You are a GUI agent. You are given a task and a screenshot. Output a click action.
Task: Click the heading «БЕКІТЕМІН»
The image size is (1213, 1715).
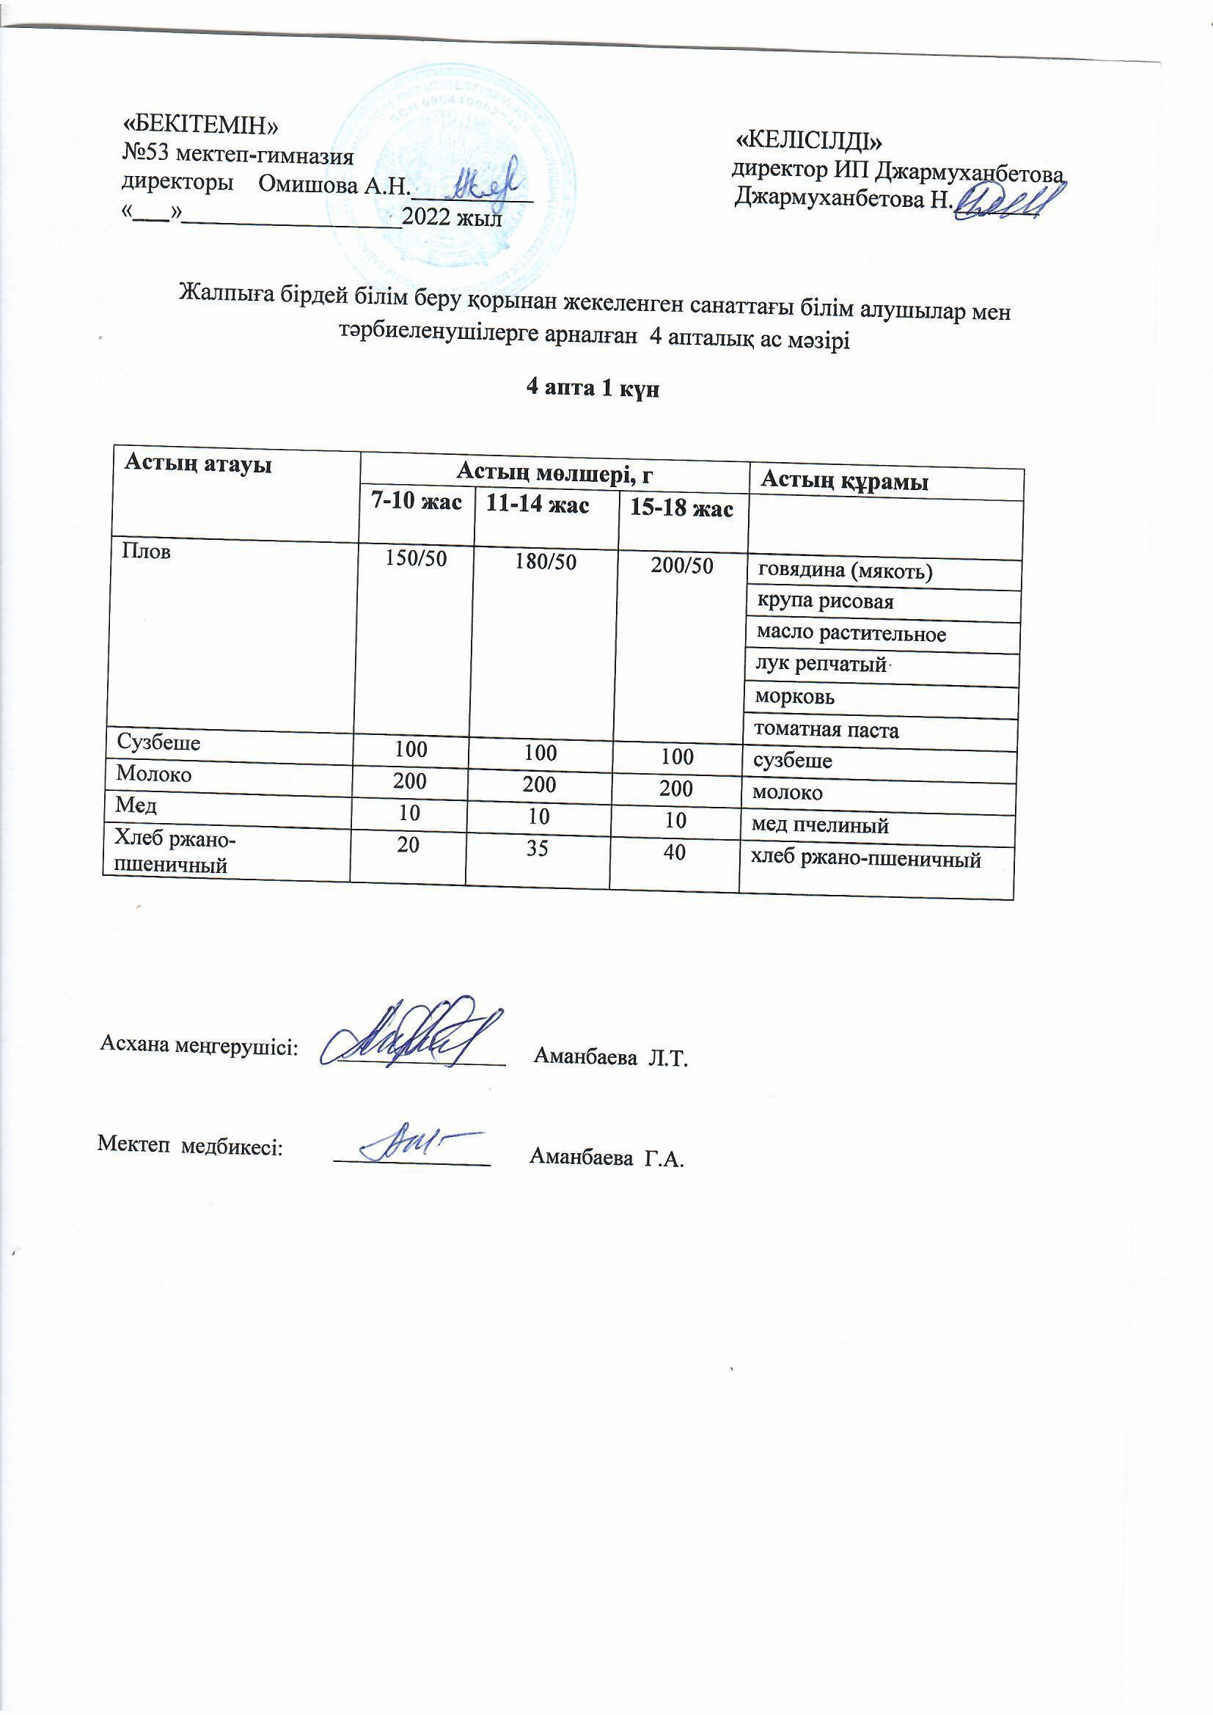(x=200, y=125)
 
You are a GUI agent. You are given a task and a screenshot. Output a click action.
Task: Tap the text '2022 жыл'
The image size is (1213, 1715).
(x=451, y=217)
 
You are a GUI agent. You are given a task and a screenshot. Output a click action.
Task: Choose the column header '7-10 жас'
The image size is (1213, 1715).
(x=417, y=501)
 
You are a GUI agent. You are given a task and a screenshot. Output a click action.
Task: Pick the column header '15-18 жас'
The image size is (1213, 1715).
(x=681, y=508)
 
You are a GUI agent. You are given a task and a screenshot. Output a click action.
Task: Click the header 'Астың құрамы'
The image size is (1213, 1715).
(x=844, y=482)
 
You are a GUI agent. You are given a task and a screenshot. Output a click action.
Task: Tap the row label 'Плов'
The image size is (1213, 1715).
(x=147, y=552)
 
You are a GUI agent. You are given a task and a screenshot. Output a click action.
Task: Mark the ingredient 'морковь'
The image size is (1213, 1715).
(x=795, y=697)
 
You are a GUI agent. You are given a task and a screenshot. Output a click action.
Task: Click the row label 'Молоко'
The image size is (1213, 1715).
(x=154, y=774)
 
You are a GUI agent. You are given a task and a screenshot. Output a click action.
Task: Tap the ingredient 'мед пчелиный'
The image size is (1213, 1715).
(x=819, y=825)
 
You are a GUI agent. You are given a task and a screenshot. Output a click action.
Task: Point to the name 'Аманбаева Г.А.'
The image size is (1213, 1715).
(x=606, y=1158)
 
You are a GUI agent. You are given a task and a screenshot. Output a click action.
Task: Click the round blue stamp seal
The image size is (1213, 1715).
(x=448, y=179)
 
